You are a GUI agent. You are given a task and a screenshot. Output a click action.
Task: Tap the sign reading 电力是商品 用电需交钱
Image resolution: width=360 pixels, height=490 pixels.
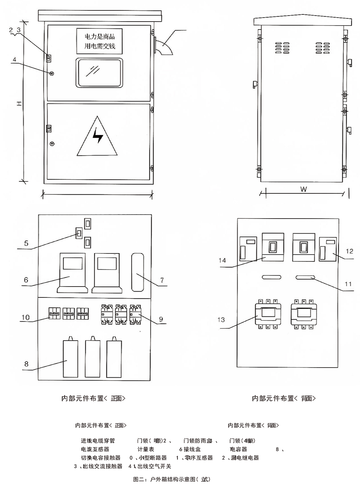[x=99, y=41]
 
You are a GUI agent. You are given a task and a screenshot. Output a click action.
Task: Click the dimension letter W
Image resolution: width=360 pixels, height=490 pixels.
[x=303, y=189]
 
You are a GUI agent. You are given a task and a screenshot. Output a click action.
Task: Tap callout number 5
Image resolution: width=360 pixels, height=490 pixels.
[x=26, y=243]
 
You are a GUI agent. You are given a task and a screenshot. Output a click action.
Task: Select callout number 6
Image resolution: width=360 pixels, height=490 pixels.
[x=26, y=280]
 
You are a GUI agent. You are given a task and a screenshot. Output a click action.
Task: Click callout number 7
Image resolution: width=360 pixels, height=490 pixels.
[x=162, y=280]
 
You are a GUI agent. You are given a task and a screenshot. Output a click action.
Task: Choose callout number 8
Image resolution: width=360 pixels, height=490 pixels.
[x=26, y=364]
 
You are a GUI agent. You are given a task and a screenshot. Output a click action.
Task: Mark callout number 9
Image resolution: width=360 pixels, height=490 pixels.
[x=161, y=319]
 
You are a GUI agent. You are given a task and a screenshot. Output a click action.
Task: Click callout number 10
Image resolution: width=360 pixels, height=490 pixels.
[x=26, y=318]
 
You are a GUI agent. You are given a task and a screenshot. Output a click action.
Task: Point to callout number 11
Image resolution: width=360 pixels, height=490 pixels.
[x=348, y=284]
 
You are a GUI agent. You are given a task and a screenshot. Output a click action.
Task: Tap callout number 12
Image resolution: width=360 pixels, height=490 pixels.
[x=350, y=251]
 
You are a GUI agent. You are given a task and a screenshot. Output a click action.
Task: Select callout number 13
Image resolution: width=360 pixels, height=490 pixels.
[x=221, y=320]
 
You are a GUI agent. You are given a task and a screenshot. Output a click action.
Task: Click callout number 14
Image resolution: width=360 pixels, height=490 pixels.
[x=222, y=260]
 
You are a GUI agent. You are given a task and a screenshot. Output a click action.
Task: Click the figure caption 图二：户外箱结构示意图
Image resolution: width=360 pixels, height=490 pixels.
[x=171, y=479]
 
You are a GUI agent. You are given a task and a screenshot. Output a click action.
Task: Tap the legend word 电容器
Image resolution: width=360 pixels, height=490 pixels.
[x=239, y=449]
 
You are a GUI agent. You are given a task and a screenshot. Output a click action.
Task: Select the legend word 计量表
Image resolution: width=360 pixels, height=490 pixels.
[x=146, y=449]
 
